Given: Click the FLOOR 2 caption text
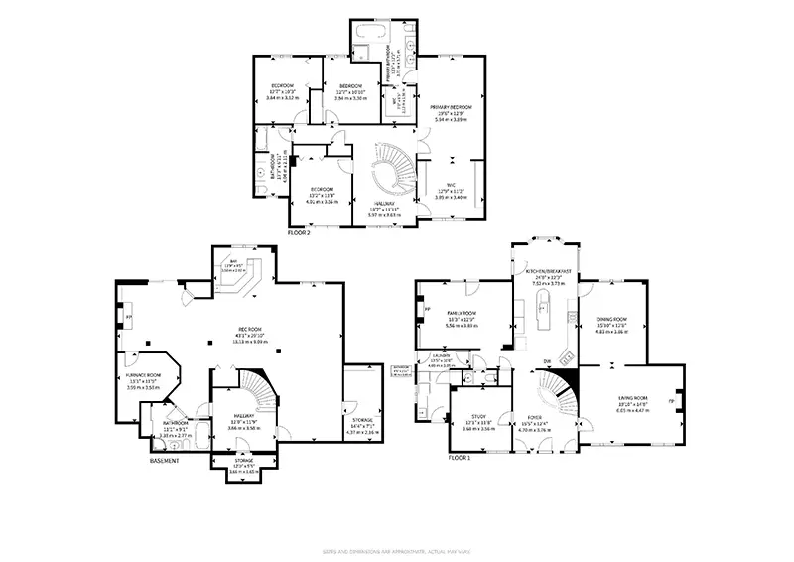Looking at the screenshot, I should point(299,232).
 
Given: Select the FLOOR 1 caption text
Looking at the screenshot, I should point(458,458).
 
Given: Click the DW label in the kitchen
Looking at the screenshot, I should point(547,361).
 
